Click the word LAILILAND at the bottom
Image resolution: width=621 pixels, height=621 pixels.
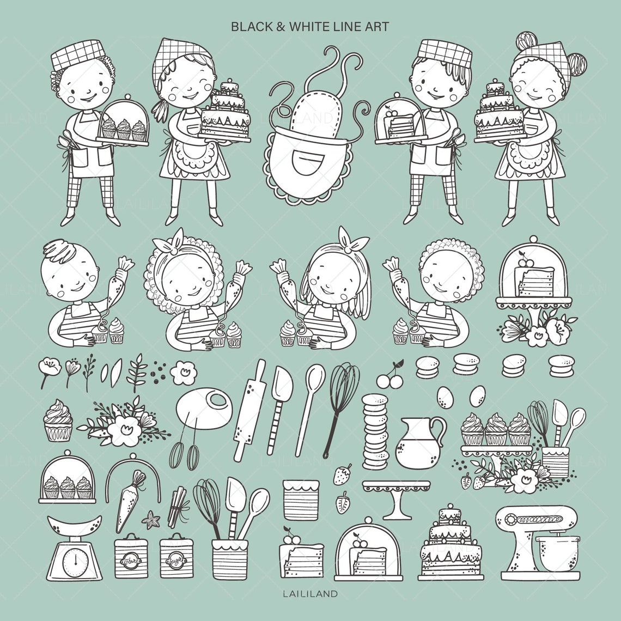tap(310, 593)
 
